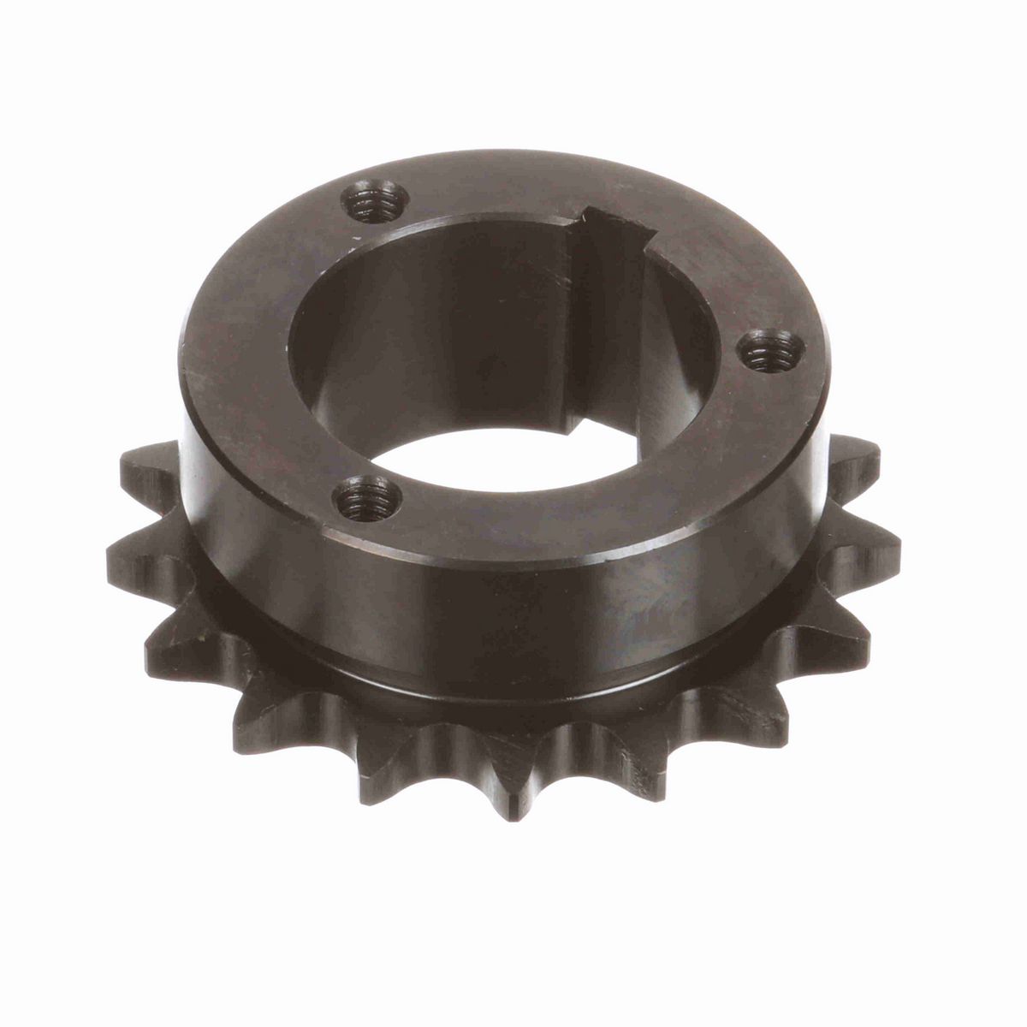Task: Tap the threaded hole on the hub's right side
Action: click(770, 349)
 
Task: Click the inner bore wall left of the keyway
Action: click(445, 342)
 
